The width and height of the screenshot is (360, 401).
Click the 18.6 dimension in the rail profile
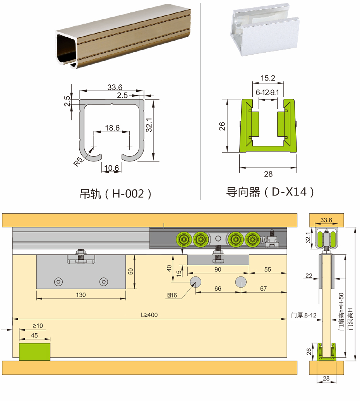coord(112,128)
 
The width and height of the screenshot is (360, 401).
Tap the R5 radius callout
coord(78,161)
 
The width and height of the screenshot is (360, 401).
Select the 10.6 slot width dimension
coord(112,168)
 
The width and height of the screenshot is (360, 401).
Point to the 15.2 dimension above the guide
coord(268,78)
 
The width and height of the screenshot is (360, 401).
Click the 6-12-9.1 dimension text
coord(267,93)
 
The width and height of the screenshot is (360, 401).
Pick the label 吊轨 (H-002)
coord(116,194)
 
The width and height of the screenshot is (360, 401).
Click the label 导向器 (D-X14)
coord(270,192)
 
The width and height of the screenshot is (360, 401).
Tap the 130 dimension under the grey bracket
coord(81,295)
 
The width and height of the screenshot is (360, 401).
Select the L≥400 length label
coord(149,315)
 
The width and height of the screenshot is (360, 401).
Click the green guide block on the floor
coord(35,352)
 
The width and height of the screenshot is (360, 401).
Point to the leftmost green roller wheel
coord(184,240)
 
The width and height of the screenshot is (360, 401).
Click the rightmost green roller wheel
coord(253,240)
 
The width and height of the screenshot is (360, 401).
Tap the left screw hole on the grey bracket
coord(58,282)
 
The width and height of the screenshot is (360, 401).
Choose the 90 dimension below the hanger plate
coord(218,269)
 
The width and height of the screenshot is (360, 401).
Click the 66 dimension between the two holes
coord(218,288)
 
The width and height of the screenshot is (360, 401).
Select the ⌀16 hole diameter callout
coord(172,295)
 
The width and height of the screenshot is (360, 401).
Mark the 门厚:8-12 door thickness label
coord(304,315)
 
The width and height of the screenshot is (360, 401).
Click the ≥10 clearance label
coord(38,326)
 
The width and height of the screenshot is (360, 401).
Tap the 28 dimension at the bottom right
coord(326,378)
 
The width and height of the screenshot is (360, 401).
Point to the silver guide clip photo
coord(265,29)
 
